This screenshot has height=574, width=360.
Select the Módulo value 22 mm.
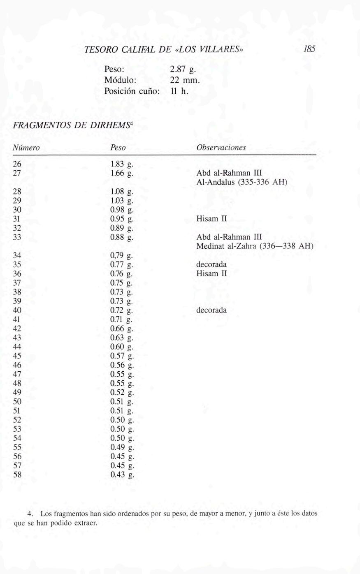185,80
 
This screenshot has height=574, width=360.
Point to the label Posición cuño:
131,91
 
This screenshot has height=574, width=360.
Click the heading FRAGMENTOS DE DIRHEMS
72,125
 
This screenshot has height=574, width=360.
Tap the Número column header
26,148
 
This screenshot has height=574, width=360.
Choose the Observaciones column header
221,148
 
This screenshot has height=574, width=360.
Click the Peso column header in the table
118,148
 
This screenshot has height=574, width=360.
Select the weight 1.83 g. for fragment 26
122,164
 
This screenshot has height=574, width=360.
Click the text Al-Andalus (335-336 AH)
242,182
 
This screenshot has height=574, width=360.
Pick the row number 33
17,237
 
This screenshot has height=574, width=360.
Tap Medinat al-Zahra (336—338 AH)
255,246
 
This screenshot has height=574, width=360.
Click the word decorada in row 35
211,264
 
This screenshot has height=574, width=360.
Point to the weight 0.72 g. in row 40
122,310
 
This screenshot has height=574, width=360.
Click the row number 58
17,474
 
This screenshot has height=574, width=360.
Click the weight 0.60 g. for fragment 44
122,347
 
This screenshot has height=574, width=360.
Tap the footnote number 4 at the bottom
30,514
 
